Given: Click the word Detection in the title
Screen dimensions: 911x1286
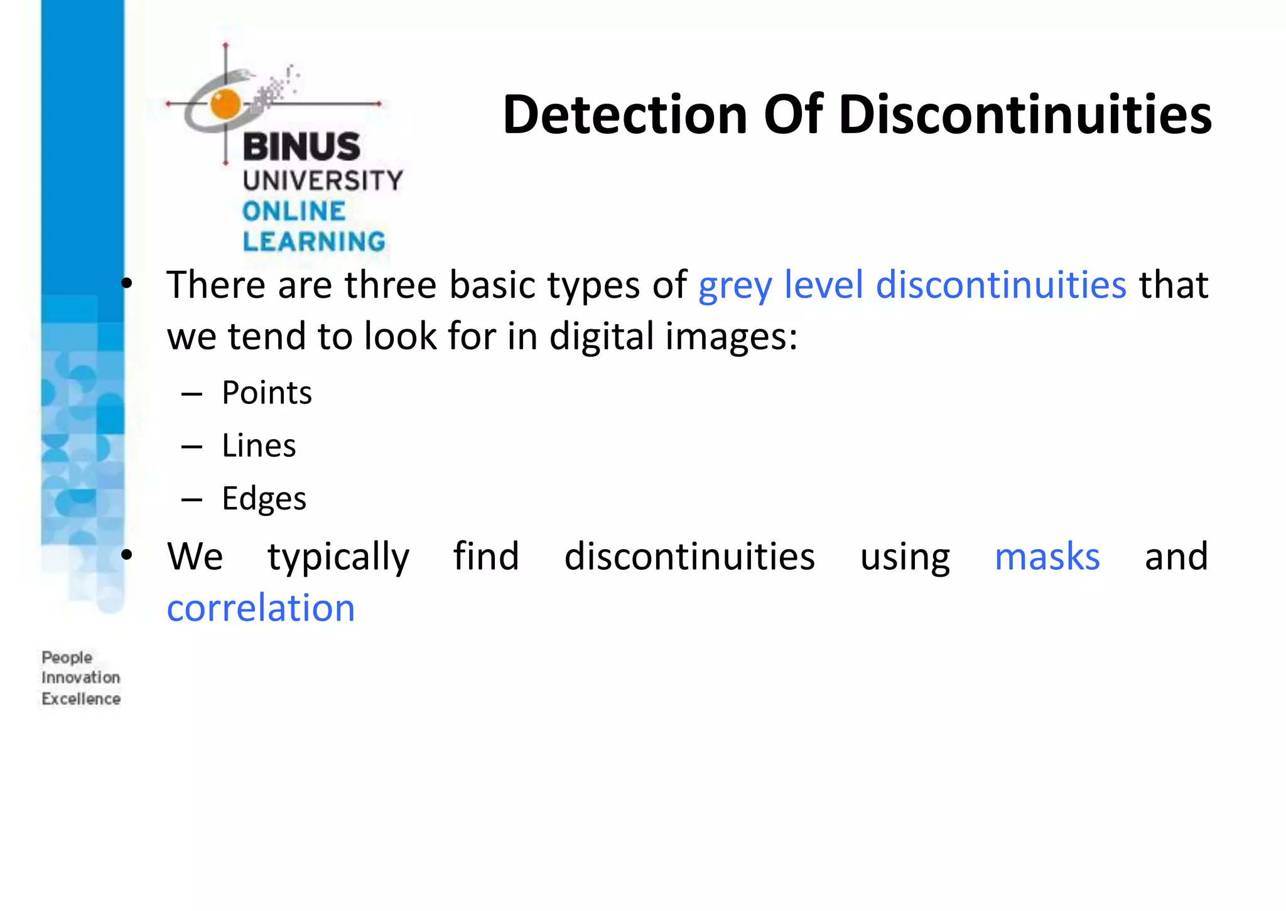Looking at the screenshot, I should coord(625,114).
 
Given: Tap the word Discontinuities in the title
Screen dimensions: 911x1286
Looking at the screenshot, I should coord(1025,114).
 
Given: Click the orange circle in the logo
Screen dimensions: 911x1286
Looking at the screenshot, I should coord(225,104).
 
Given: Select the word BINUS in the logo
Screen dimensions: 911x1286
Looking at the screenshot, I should coord(301,146).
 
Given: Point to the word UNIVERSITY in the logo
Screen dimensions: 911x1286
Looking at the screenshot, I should coord(323,181).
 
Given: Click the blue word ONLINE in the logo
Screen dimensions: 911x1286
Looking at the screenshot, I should coord(294,212).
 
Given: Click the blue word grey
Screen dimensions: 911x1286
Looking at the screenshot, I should coord(735,286).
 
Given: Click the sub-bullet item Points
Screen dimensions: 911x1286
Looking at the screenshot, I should coord(267,393).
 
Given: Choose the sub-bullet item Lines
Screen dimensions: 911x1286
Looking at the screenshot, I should coord(259,446).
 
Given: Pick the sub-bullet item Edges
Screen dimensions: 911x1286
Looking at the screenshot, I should coord(264,499).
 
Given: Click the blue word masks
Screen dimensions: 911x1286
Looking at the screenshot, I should coord(1047,557).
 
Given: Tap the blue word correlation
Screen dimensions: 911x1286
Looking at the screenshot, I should coord(261,608).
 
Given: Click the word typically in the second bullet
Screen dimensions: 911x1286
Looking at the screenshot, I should coord(338,557).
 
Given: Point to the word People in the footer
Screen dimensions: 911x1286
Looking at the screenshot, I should coord(67,658).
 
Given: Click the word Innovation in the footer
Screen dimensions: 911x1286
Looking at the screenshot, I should coord(81,678).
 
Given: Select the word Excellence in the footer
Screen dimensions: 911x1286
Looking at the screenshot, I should coord(81,699).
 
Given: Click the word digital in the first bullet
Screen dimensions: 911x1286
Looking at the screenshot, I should coord(602,337).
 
